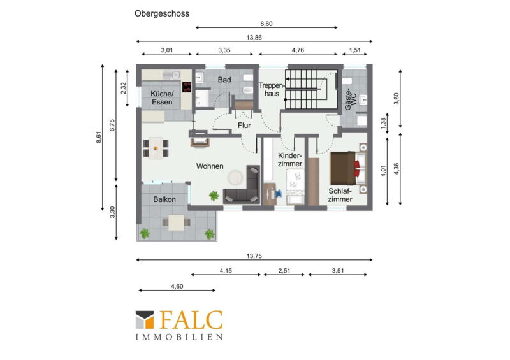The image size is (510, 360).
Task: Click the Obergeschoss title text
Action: click(x=162, y=13)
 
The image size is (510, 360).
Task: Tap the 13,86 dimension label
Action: click(x=254, y=38)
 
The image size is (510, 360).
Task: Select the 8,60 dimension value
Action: click(x=266, y=24)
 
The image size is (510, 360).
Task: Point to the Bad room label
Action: click(x=224, y=80)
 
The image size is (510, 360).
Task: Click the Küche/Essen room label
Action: click(x=162, y=98)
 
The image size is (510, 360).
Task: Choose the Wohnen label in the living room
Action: click(x=210, y=166)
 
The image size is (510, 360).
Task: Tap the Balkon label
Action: click(x=164, y=199)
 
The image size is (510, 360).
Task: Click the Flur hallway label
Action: click(x=244, y=125)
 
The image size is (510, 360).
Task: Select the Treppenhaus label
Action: click(x=272, y=90)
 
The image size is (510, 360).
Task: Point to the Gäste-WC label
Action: click(x=351, y=99)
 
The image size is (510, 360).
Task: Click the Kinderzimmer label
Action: click(x=290, y=160)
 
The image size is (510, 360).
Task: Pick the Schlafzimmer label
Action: click(x=340, y=195)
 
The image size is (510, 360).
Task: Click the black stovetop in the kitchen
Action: click(x=187, y=87)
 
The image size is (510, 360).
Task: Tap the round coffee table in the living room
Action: click(x=235, y=178)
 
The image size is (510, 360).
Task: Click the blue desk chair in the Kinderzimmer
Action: click(x=279, y=194)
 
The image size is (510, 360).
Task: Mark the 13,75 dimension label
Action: click(x=254, y=256)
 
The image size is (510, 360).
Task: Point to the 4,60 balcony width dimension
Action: click(x=177, y=287)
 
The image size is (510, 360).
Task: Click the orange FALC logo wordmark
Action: click(x=191, y=320)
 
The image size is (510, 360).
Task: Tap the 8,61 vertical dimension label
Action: click(x=99, y=137)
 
